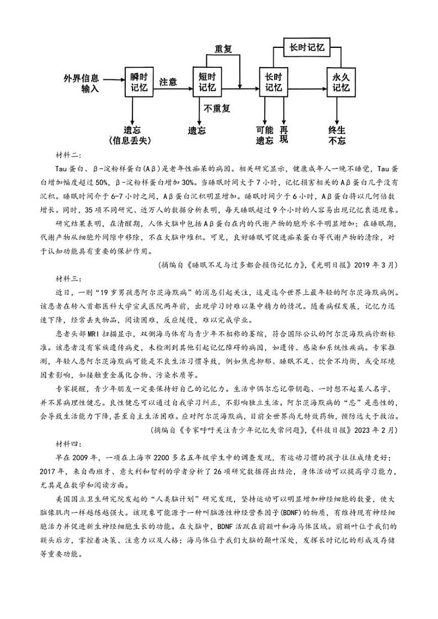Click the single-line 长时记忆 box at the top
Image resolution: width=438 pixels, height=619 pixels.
coord(306,47)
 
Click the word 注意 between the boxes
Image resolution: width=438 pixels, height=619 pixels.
coord(168,82)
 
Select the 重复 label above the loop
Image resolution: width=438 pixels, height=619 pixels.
coord(223,49)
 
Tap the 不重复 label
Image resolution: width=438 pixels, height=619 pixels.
coord(217,108)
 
